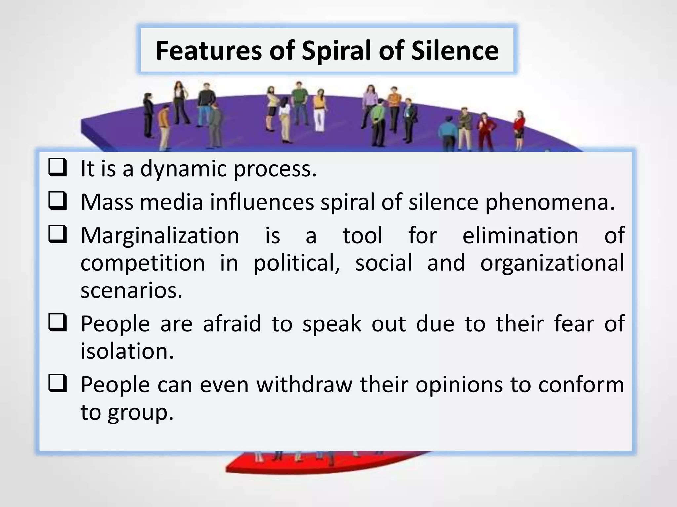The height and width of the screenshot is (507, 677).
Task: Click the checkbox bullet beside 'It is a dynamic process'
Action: (x=58, y=167)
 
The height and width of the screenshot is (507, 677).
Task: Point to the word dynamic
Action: (x=183, y=169)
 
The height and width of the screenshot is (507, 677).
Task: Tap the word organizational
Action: (x=552, y=263)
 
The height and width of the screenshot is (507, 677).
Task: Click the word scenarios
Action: (x=131, y=290)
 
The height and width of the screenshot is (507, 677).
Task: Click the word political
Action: (x=297, y=263)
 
